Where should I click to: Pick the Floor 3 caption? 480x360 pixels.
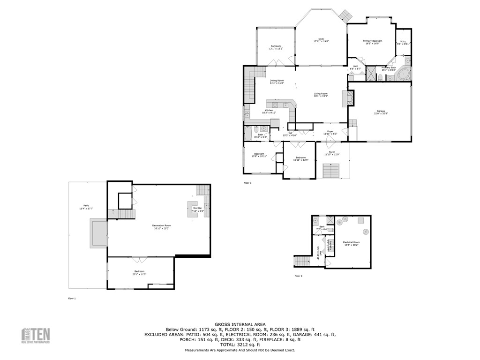coord(247,183)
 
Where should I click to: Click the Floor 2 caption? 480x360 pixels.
coord(298,276)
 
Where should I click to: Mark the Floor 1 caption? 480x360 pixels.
coord(72,298)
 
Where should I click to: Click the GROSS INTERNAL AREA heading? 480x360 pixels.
coord(240,324)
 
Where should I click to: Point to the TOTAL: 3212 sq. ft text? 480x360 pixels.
coord(240,345)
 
